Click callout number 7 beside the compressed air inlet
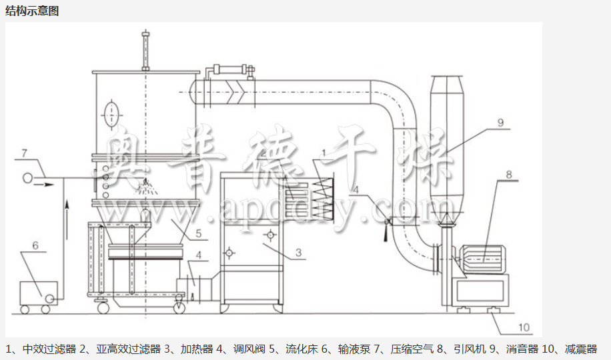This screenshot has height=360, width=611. (23, 155)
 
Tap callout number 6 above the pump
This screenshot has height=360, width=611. (35, 246)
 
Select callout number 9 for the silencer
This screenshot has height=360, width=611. (500, 123)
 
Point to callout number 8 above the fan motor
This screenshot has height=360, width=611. (508, 175)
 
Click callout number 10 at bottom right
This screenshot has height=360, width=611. (524, 327)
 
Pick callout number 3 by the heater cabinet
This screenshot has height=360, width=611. (299, 253)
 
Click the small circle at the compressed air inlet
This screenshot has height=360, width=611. (28, 178)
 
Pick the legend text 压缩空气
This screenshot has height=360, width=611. (408, 349)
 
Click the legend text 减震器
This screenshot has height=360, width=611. (580, 349)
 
